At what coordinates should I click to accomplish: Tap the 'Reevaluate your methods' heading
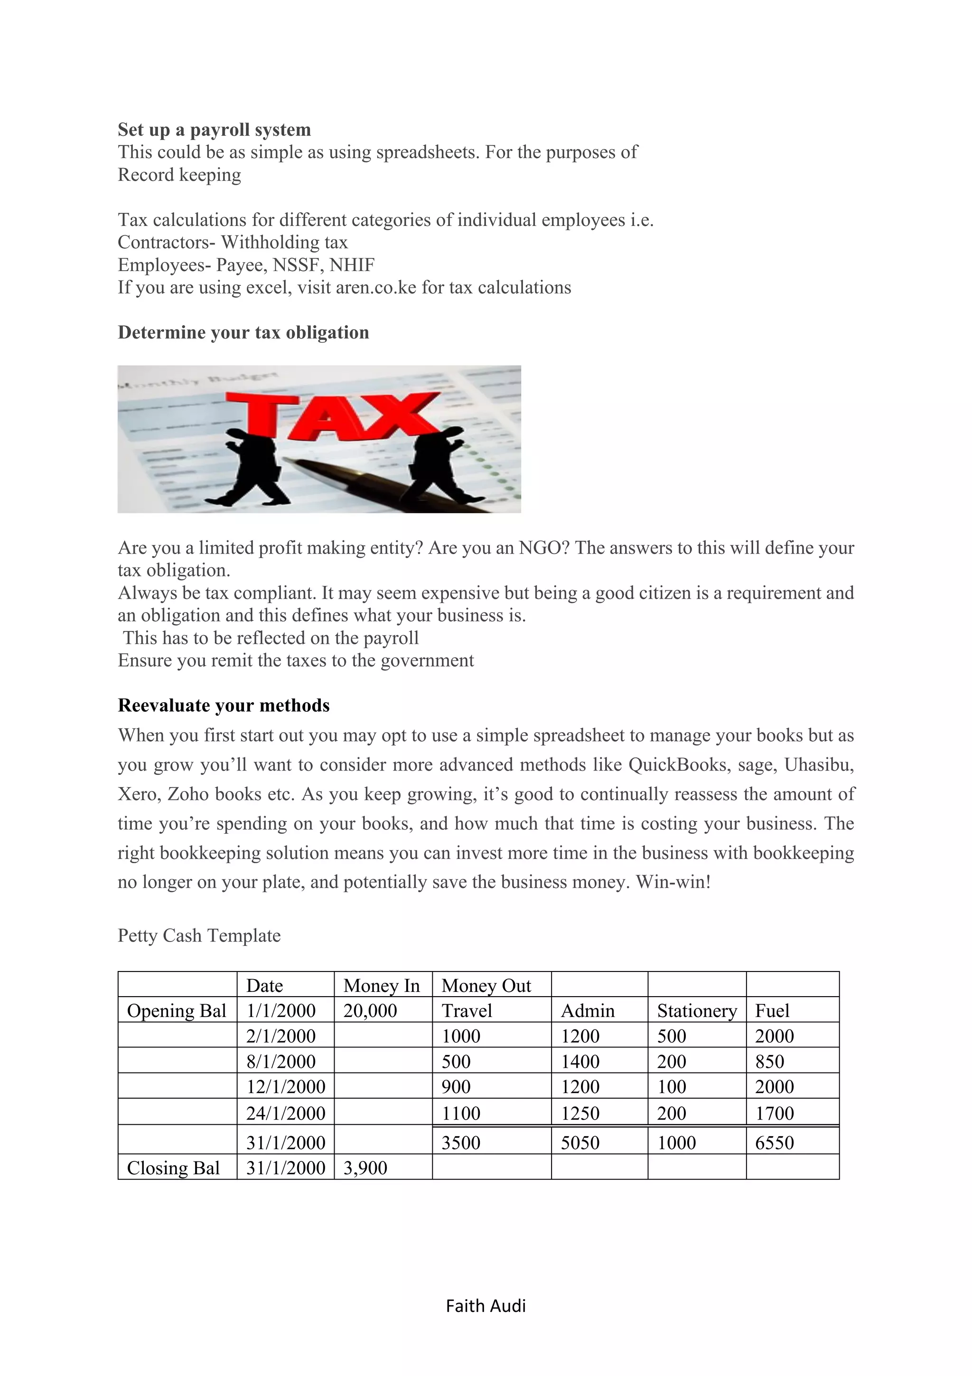[224, 706]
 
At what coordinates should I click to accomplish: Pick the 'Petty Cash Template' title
[199, 935]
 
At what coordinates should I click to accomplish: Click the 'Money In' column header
[382, 986]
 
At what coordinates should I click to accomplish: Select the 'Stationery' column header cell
[697, 1011]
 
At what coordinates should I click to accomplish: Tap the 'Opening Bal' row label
[176, 1011]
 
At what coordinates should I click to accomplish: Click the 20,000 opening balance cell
[370, 1011]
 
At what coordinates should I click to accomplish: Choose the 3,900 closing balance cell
[365, 1168]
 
